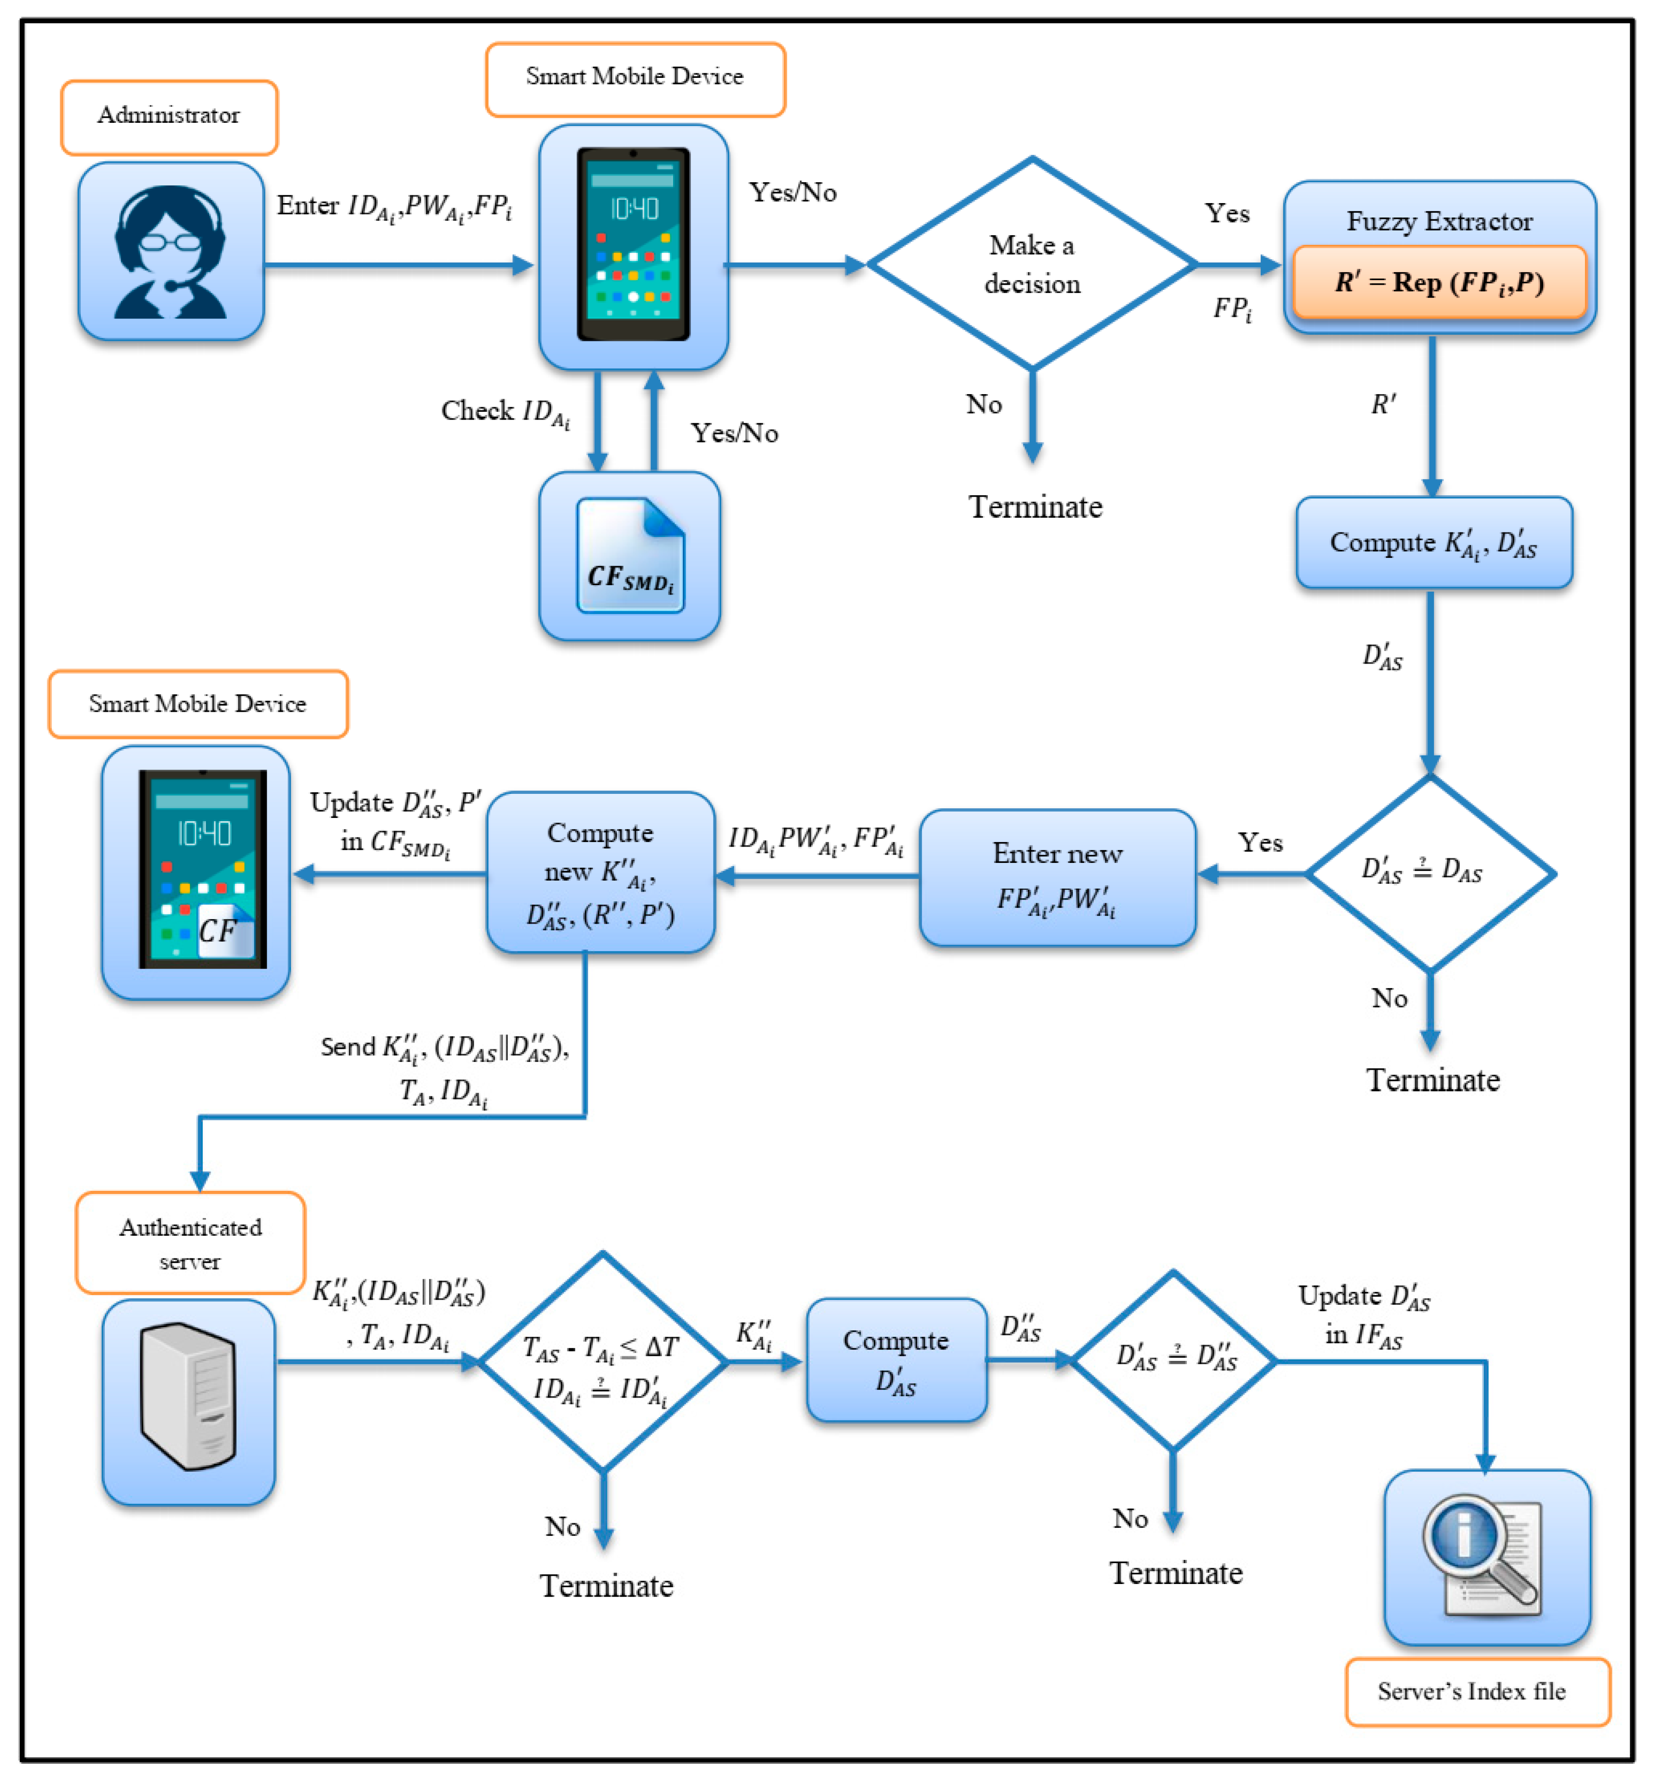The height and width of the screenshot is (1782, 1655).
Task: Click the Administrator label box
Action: [x=169, y=116]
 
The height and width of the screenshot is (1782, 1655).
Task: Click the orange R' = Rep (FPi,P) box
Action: [x=1439, y=283]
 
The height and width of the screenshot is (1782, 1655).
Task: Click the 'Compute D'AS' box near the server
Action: [x=897, y=1360]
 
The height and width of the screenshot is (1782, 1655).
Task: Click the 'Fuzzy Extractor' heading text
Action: [x=1439, y=221]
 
